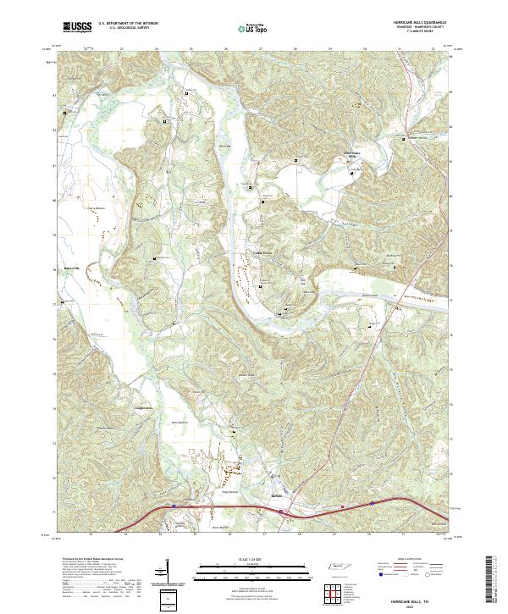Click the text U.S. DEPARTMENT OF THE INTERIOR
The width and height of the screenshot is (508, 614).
(x=128, y=24)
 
